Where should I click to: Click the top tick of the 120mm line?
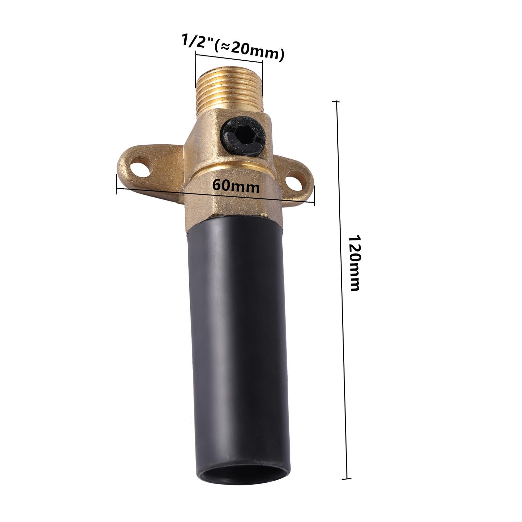point(336,102)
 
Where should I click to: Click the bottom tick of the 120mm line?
point(346,479)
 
